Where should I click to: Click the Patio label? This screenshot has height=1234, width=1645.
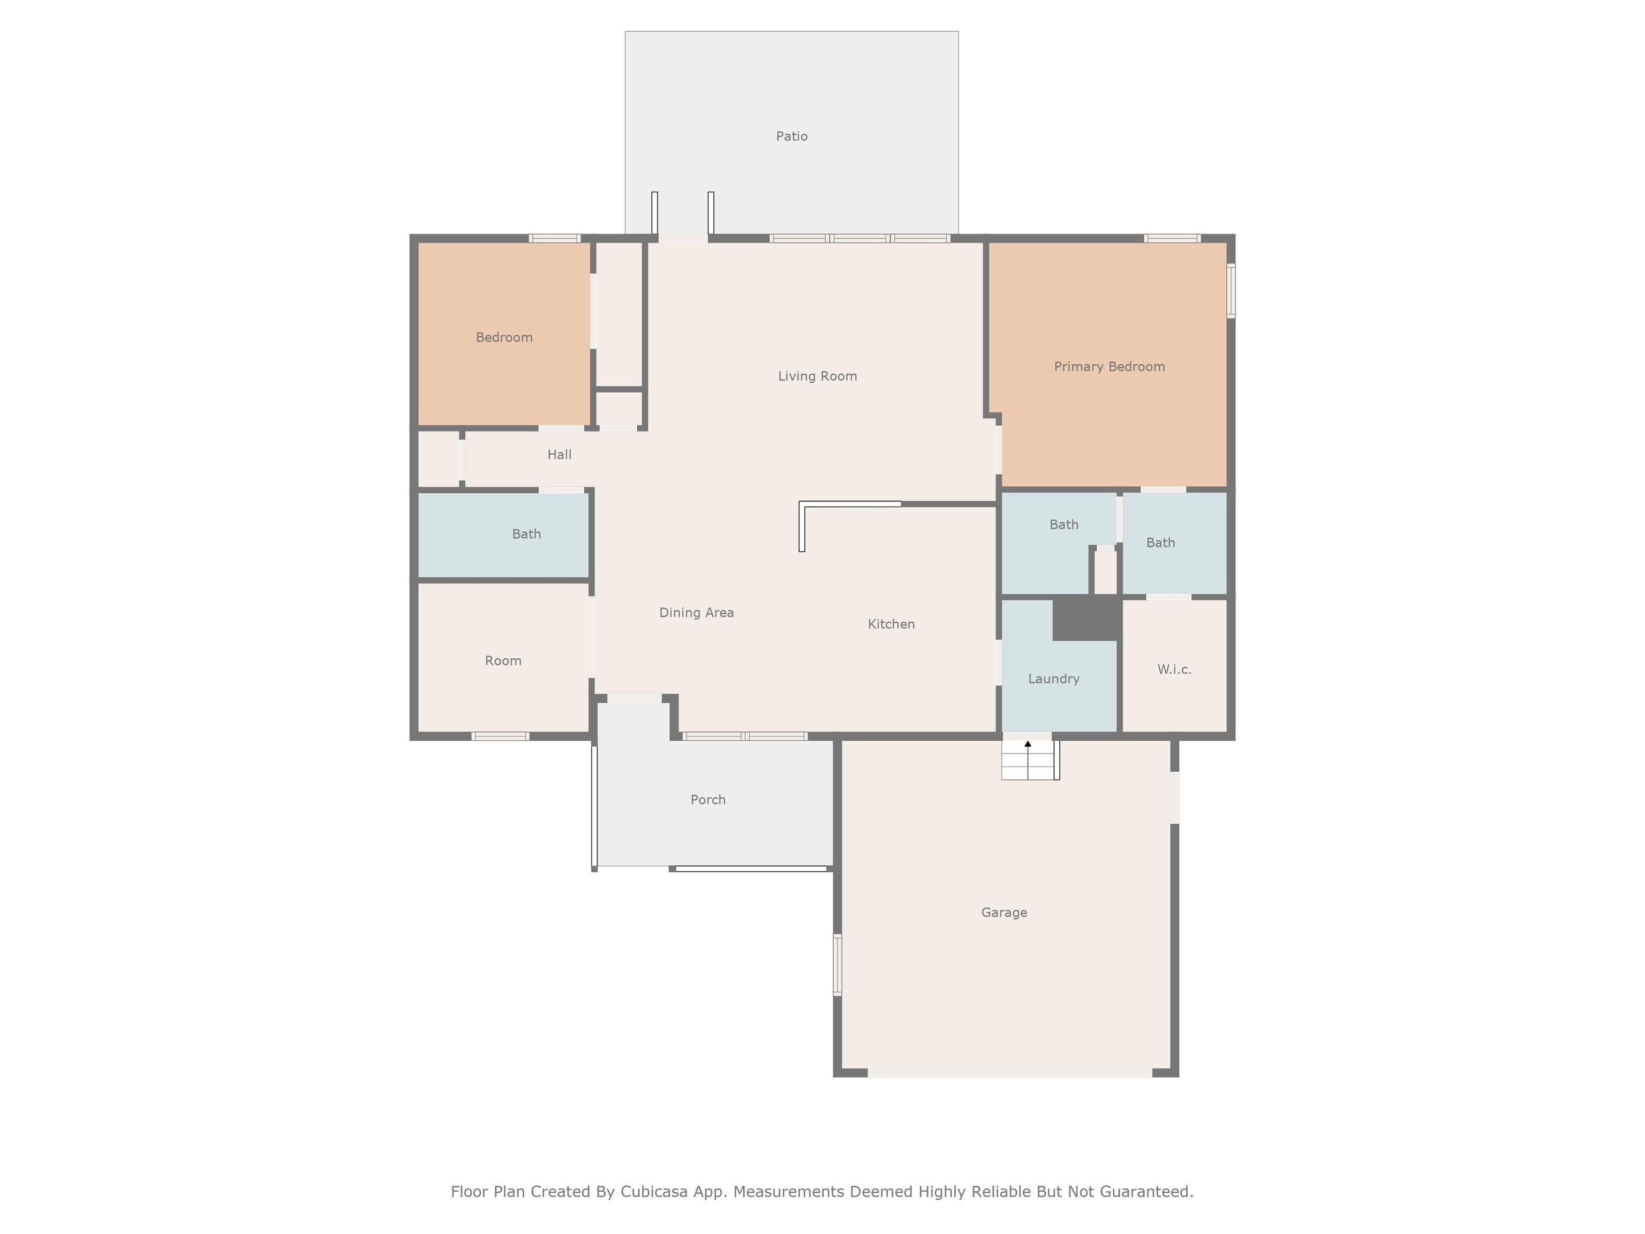coord(791,136)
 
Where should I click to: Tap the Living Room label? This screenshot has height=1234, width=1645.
coord(817,377)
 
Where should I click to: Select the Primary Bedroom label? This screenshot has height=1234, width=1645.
coord(1109,367)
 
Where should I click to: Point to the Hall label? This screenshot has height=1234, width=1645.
coord(559,455)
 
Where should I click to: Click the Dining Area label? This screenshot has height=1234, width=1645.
coord(696,613)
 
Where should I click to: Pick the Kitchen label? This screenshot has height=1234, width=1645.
coord(891,624)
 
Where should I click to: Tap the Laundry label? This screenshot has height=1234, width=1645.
coord(1053,679)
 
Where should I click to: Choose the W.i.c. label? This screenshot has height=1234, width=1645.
coord(1174,669)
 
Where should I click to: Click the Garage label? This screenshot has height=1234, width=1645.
coord(1004,913)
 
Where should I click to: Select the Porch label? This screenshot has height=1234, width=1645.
coord(707,800)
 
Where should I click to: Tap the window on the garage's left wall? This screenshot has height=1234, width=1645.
coord(837,965)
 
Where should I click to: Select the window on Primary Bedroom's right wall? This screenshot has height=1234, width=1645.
coord(1231,291)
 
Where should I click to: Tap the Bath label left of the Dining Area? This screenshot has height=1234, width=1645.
coord(526,534)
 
